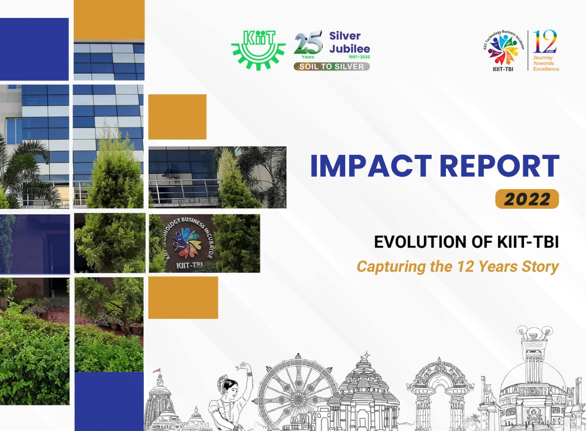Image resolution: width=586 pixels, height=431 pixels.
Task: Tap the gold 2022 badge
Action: tap(527, 199)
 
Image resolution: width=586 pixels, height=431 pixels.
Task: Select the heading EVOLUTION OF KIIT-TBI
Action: tap(466, 241)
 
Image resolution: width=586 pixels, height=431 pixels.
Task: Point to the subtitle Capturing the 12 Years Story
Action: tap(457, 266)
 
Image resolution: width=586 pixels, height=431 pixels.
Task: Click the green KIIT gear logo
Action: tap(258, 49)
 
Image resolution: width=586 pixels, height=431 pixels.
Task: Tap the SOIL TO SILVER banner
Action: tap(331, 66)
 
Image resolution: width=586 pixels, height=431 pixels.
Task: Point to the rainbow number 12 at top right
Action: tap(545, 42)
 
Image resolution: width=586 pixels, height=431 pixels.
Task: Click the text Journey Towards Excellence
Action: tap(546, 63)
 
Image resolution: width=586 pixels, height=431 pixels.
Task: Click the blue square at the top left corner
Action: tap(34, 49)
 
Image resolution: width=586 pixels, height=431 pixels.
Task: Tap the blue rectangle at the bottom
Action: tap(109, 401)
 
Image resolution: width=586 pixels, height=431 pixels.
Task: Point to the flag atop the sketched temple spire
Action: tap(157, 370)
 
